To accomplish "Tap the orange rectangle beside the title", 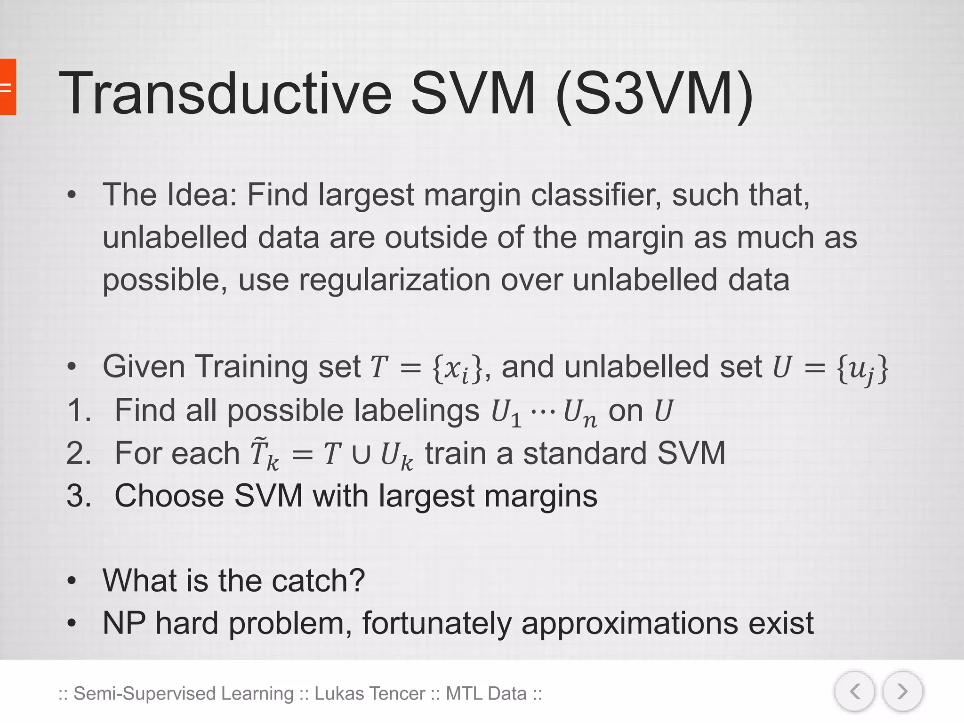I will coord(8,87).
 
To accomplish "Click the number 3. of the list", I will coord(79,496).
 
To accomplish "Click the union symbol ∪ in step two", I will coord(361,455).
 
